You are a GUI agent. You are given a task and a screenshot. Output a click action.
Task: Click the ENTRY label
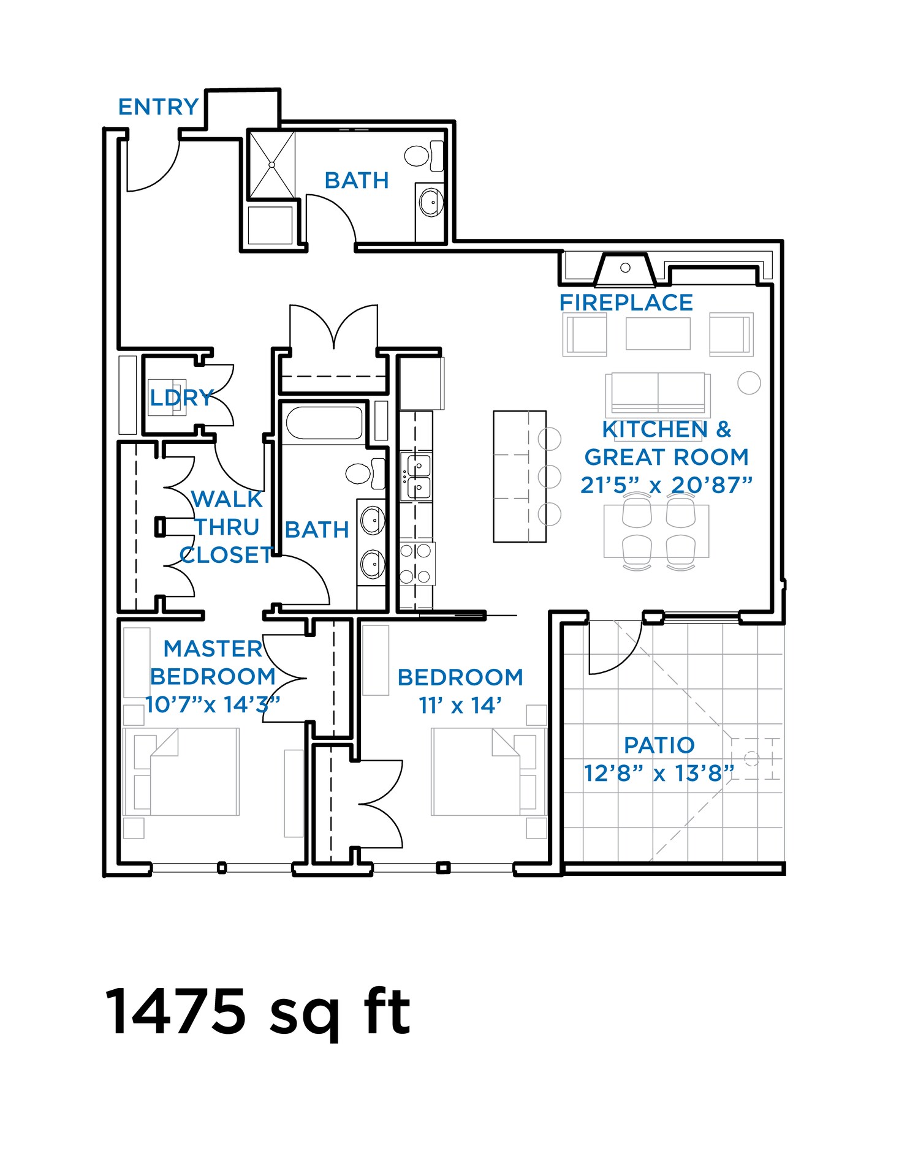[158, 107]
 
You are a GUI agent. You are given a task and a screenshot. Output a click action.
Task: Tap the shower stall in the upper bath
[271, 164]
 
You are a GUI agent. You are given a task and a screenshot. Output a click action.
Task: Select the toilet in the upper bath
[417, 156]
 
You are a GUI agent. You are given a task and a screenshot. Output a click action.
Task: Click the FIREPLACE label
[626, 303]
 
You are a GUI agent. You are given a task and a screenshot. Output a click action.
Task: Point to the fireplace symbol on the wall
[625, 269]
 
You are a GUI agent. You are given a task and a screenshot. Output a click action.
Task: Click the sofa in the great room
[658, 393]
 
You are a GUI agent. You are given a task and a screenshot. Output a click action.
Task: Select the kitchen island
[519, 476]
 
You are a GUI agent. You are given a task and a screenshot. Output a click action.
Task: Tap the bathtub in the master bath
[324, 423]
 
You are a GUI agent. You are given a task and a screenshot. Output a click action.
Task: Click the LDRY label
[181, 398]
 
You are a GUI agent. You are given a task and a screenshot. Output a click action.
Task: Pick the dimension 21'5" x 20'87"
[666, 485]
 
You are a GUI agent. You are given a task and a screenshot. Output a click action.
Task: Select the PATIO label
[659, 745]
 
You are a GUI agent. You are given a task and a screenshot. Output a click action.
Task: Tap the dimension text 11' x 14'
[460, 706]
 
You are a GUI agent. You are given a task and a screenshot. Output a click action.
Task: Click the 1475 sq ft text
[257, 1012]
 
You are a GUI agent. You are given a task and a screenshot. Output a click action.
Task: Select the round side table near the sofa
[748, 383]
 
